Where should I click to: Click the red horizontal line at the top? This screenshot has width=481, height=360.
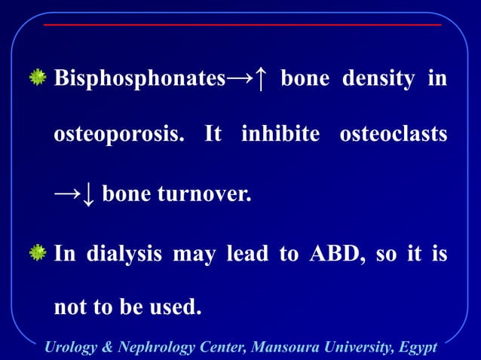(x=241, y=25)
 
